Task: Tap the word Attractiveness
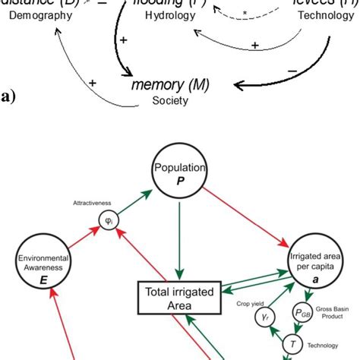93,204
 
